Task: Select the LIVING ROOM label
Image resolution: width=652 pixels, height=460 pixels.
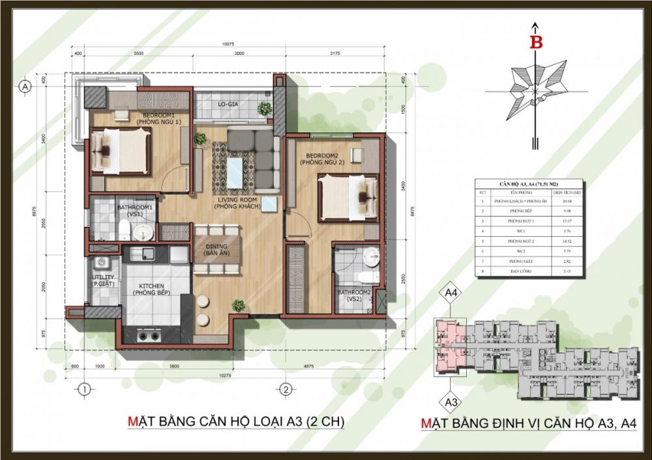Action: [x=238, y=203]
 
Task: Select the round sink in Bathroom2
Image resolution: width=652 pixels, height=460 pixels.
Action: [x=370, y=256]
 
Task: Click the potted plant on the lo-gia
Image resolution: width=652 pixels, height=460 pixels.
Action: [x=265, y=108]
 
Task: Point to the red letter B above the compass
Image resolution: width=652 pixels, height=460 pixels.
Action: [x=536, y=42]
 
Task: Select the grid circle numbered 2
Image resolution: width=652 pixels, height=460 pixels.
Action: [x=285, y=390]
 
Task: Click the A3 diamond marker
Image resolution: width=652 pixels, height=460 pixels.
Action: [x=451, y=399]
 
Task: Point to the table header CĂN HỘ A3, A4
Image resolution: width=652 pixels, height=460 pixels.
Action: [x=520, y=185]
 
